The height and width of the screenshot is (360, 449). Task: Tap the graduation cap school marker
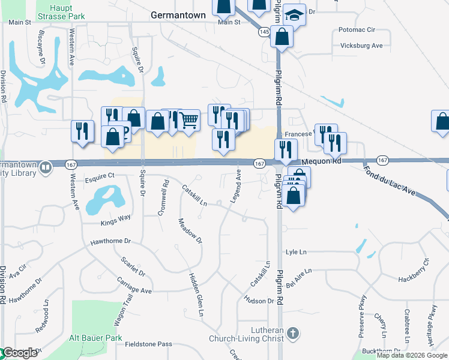coord(294,14)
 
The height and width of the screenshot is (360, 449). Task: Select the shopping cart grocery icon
coord(188,120)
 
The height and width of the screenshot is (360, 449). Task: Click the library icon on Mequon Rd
coord(46,168)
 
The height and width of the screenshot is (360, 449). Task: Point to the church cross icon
coord(292,333)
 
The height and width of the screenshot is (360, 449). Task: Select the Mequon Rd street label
coord(321,161)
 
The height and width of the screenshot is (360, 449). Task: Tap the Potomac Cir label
coord(357,29)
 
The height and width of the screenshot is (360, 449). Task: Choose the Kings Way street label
coord(115,219)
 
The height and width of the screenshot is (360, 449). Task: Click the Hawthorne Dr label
coord(110,241)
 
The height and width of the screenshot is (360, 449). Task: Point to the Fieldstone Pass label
coord(148,344)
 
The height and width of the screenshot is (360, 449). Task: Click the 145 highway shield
coord(264,32)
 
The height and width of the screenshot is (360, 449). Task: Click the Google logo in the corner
coord(20,353)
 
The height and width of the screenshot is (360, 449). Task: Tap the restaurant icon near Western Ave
coord(82,131)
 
